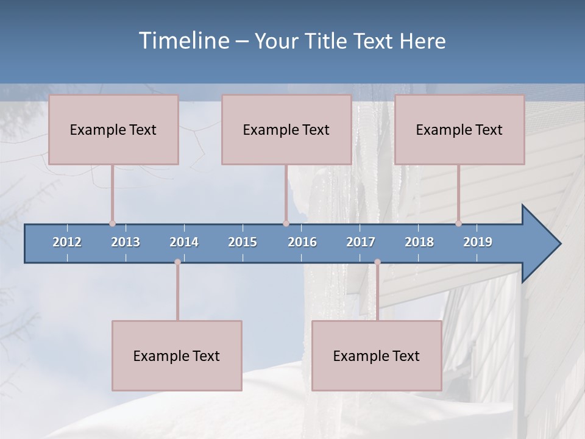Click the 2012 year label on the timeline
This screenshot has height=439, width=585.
(x=67, y=242)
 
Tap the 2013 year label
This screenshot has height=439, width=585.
(x=126, y=242)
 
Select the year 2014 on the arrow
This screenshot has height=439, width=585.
(x=184, y=242)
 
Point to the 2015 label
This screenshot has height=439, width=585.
(x=243, y=242)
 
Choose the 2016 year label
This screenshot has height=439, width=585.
(x=302, y=242)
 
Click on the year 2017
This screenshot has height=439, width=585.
(x=361, y=242)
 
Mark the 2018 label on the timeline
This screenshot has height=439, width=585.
(x=419, y=242)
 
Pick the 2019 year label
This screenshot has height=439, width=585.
(x=478, y=242)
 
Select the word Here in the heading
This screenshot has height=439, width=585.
(x=422, y=41)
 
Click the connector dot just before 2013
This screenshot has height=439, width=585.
(x=112, y=224)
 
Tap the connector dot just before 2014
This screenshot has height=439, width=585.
(x=177, y=262)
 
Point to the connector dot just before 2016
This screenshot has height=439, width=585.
(x=286, y=224)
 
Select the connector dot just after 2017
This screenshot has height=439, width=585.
(x=377, y=262)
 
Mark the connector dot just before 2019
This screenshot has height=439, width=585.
(x=458, y=224)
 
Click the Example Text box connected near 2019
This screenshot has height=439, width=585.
(x=459, y=130)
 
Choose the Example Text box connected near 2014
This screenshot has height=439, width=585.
(x=177, y=356)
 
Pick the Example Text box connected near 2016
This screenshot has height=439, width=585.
(x=286, y=130)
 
